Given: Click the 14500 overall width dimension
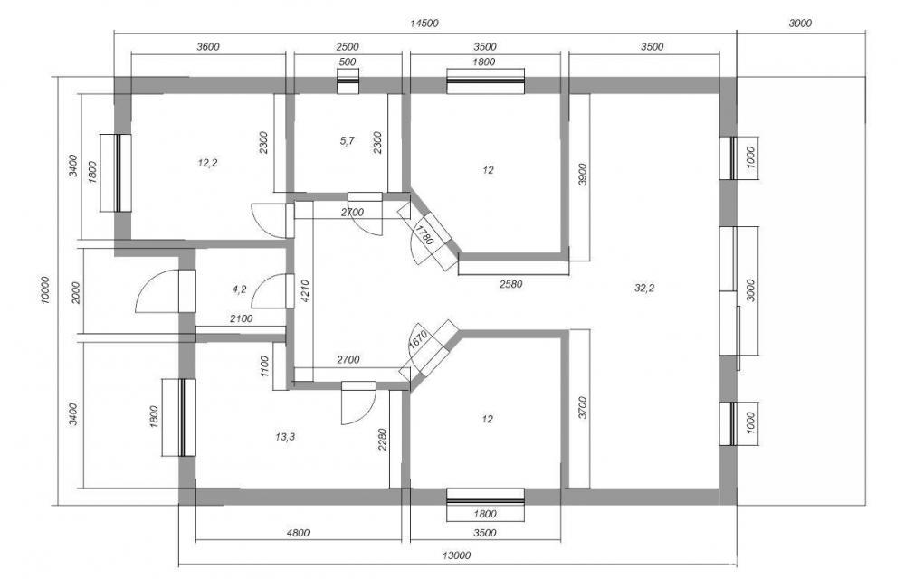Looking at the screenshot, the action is [424, 24].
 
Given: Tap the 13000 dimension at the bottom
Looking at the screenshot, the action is [456, 556].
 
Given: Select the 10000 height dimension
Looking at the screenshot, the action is [47, 290].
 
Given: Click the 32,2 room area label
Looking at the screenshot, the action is [644, 289].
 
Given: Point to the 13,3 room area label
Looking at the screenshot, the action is [285, 437].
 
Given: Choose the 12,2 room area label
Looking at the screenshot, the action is [207, 163].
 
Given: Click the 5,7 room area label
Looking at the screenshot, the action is [348, 141].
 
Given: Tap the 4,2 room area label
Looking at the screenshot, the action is [239, 289].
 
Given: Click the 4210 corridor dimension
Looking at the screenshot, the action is [306, 291].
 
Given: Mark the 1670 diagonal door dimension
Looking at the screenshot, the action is [418, 340].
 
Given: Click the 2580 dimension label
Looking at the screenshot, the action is [510, 284].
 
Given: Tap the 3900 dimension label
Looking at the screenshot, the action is [582, 175].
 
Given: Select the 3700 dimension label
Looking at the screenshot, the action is [582, 407].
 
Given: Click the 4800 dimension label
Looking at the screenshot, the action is [298, 532].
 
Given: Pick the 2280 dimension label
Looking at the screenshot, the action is [383, 440].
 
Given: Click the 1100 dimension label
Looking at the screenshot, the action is [264, 366].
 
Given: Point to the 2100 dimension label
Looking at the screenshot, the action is [241, 318].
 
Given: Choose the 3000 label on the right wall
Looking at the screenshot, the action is [750, 290].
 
